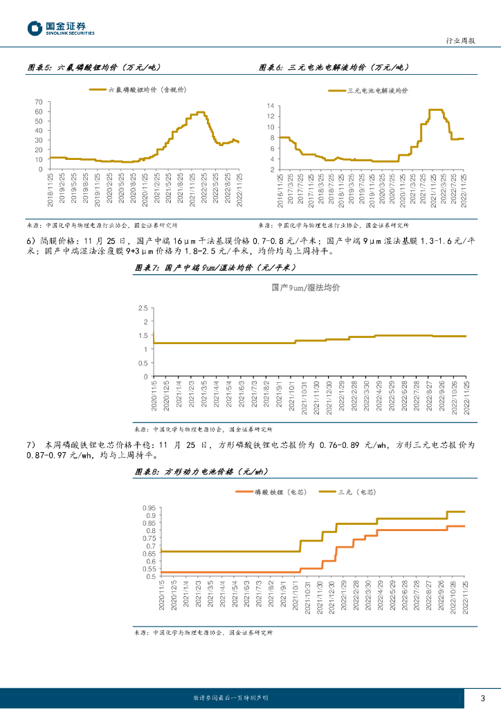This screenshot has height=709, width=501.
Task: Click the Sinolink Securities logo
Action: pyautogui.click(x=61, y=28)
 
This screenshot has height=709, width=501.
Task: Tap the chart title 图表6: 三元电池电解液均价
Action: pyautogui.click(x=334, y=68)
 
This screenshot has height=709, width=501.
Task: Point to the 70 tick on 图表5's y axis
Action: pyautogui.click(x=39, y=102)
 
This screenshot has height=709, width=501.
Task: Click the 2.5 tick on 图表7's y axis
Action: pyautogui.click(x=143, y=308)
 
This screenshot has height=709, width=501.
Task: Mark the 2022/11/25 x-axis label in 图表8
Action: pyautogui.click(x=466, y=602)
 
